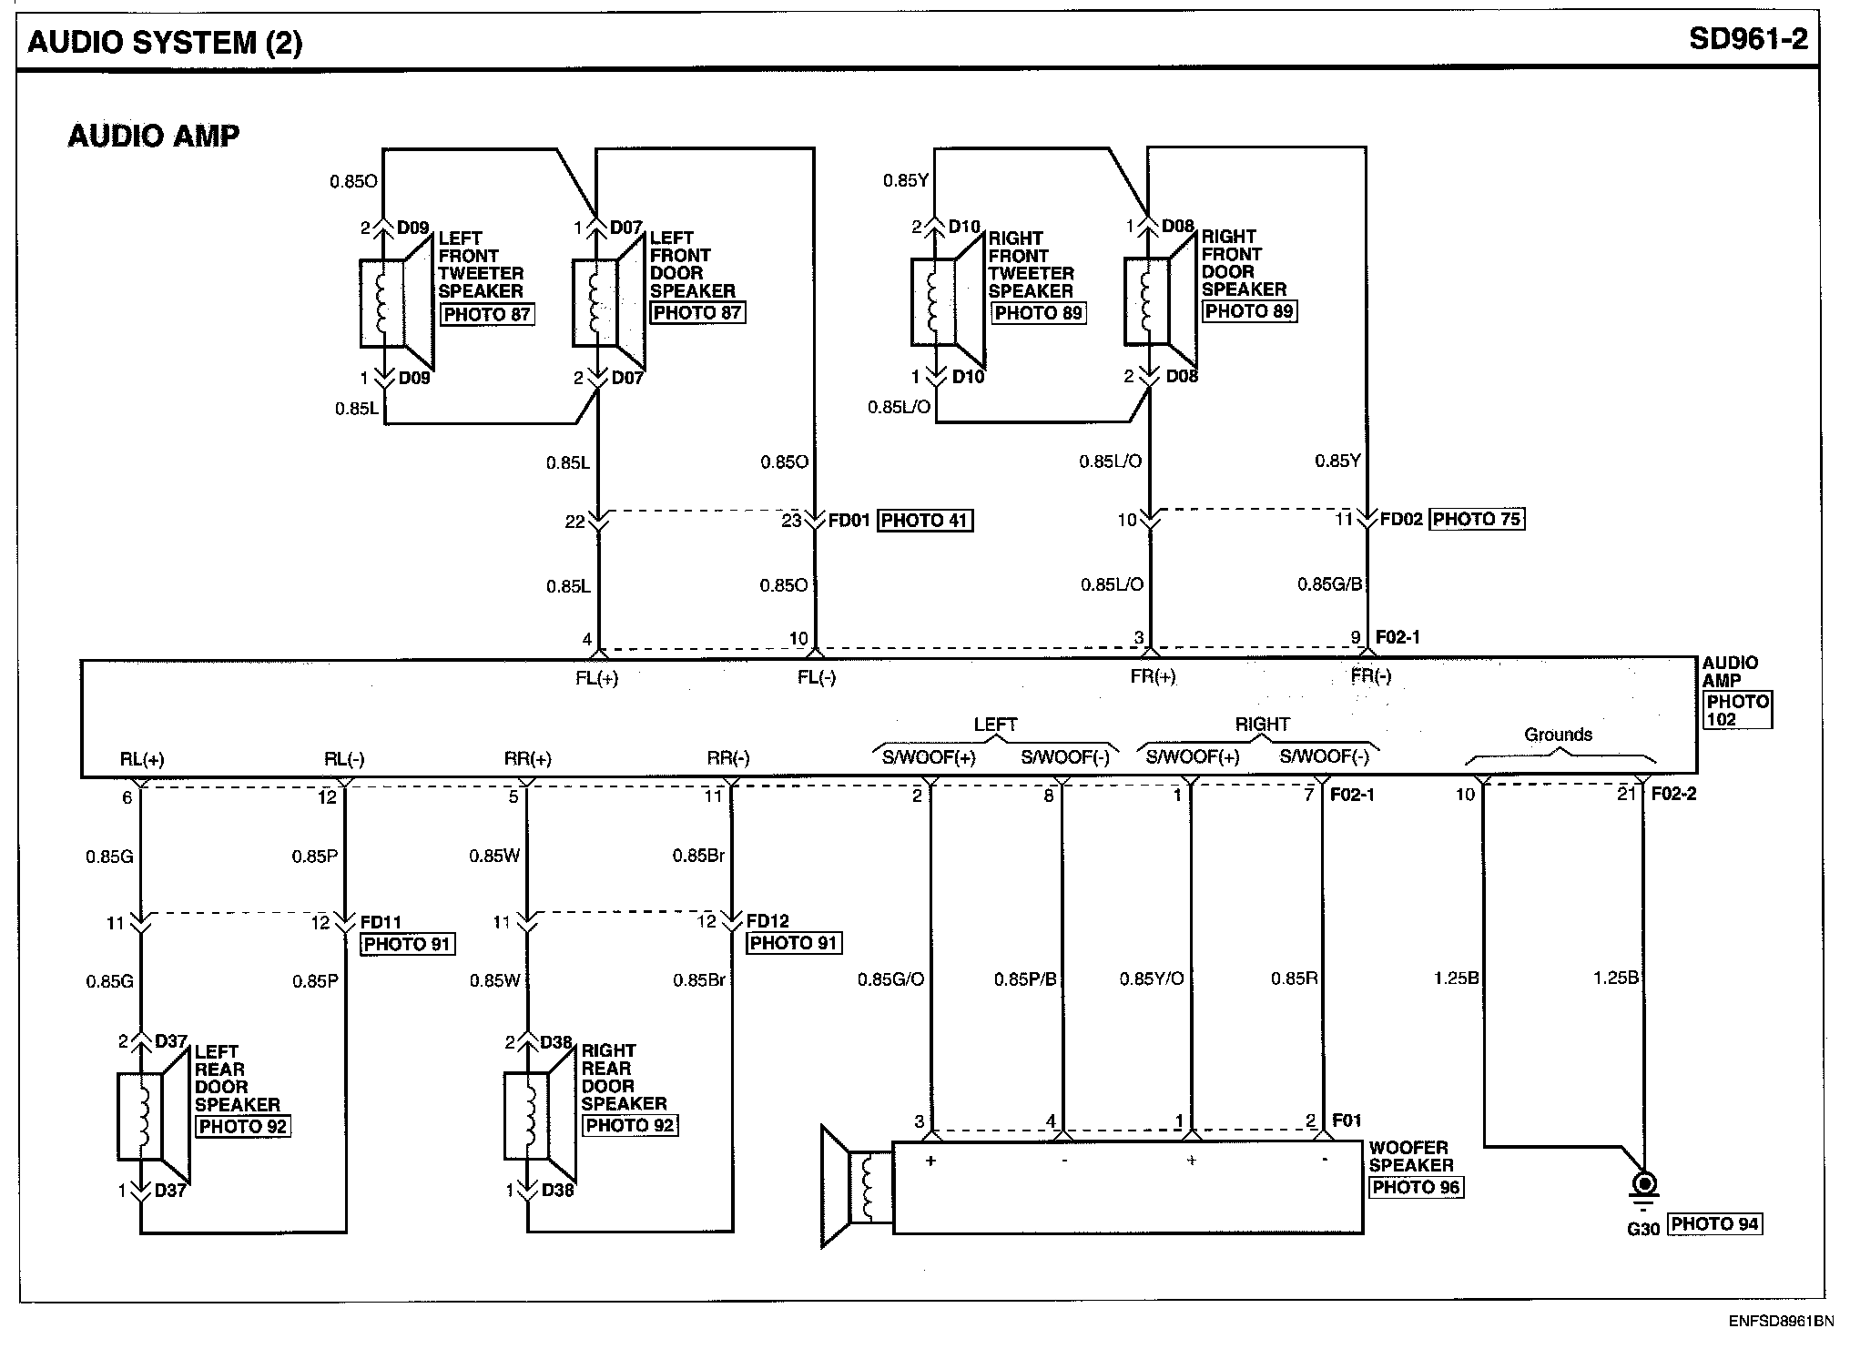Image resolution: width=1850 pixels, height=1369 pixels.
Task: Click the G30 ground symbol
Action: pos(1644,1188)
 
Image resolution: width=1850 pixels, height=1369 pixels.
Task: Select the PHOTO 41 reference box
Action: pos(924,521)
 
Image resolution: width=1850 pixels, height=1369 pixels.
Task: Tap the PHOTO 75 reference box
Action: pos(1477,519)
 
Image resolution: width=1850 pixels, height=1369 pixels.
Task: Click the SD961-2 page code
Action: pos(1748,39)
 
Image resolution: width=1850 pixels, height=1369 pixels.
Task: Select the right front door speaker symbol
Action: pos(1158,301)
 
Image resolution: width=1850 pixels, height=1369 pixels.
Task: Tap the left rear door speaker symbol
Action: pos(151,1116)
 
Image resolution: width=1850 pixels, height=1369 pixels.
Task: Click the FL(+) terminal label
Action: pos(596,678)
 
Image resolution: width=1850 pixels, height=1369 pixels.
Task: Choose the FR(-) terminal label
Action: pos(1371,676)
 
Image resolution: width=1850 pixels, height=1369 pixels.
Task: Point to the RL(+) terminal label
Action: pos(142,759)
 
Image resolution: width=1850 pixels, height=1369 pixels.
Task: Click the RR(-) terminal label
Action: pos(728,758)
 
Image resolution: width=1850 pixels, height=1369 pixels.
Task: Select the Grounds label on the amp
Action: pos(1558,735)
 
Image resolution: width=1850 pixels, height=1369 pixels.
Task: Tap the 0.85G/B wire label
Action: pos(1329,583)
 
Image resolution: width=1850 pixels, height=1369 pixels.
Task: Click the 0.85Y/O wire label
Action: pos(1152,979)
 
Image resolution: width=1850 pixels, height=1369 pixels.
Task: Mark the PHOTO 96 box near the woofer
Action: pos(1416,1187)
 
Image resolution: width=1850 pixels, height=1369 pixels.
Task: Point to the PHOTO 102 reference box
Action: pos(1737,710)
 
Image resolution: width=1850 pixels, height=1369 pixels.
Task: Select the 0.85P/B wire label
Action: pos(1025,979)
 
